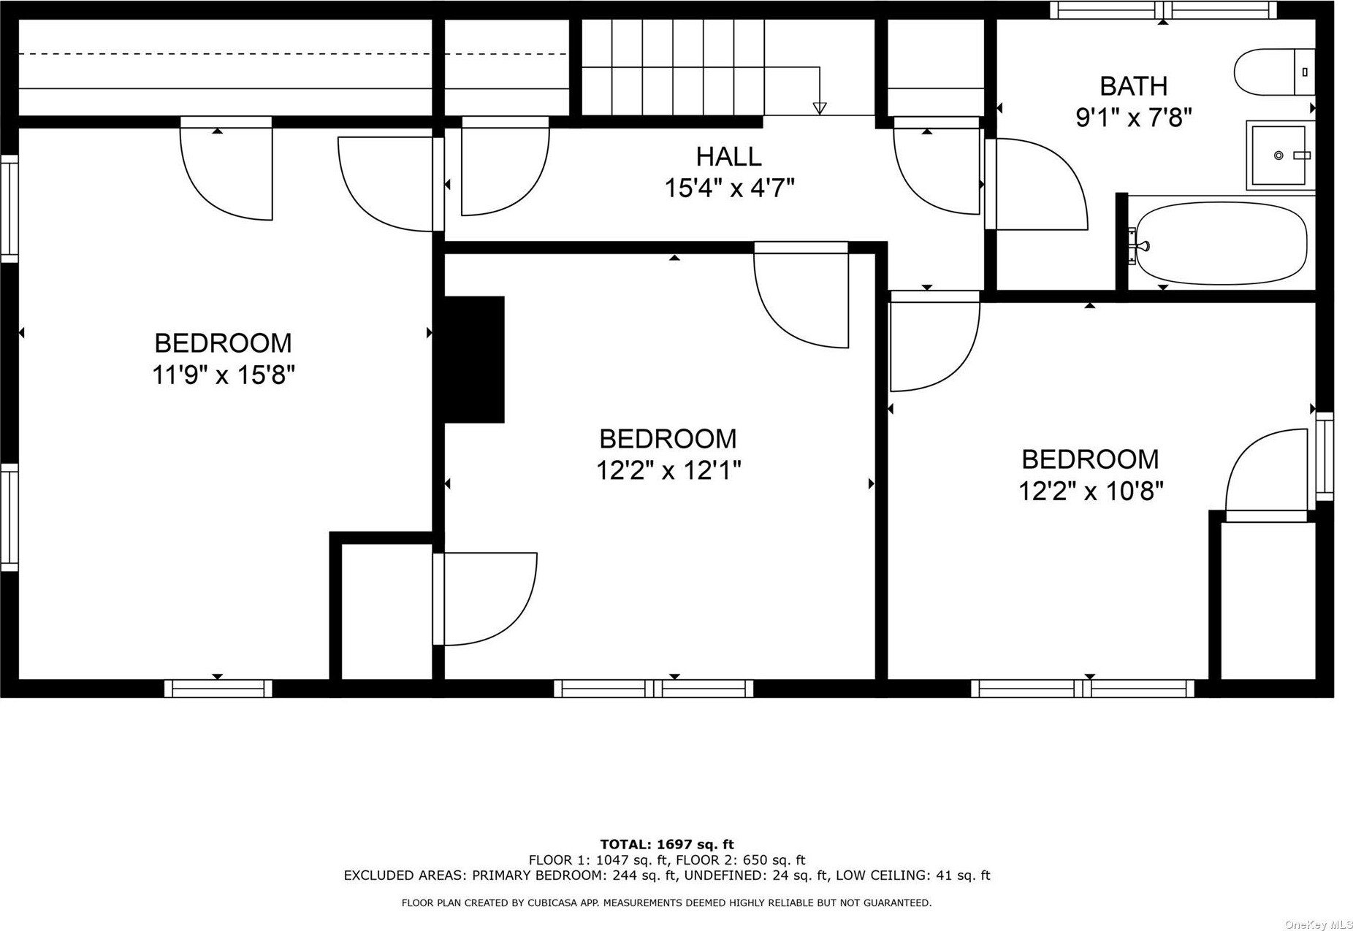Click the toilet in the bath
tap(1274, 72)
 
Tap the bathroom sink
tap(1280, 156)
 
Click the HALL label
tap(728, 156)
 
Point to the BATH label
tap(1134, 86)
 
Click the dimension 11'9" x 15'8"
tap(224, 375)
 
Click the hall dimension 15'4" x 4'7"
tap(729, 188)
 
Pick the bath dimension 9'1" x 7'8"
tap(1134, 117)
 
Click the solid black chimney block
tap(474, 359)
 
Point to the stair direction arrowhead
tap(820, 108)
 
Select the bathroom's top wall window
tap(1164, 10)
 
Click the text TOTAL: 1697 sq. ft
tap(667, 845)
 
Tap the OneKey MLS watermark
tap(1319, 924)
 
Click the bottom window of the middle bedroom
tap(654, 689)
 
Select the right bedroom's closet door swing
tap(1266, 475)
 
